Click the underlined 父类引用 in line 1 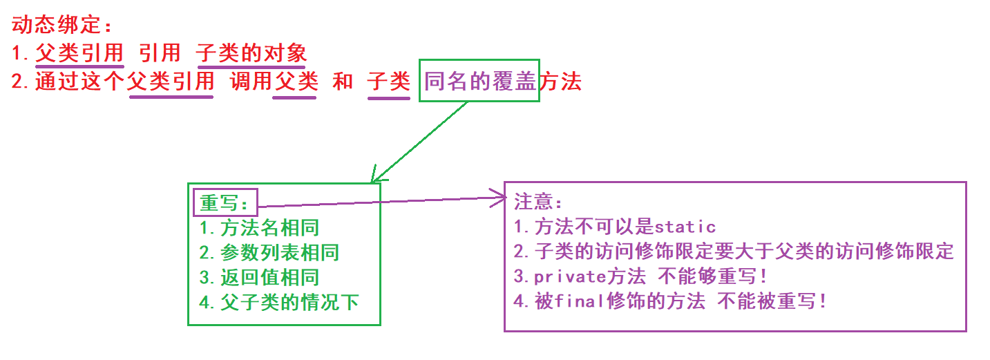coord(79,53)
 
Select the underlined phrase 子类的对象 coord(251,53)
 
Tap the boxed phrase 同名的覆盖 coord(480,82)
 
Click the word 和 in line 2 coord(343,82)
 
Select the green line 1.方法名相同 coord(259,227)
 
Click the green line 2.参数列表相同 coord(269,253)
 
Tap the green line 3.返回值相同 coord(259,278)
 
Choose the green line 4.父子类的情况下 coord(279,303)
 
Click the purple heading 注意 coord(539,202)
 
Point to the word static coord(685,227)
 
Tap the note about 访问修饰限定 coord(734,252)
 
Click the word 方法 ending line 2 coord(560,82)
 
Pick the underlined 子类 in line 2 coord(389,82)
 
